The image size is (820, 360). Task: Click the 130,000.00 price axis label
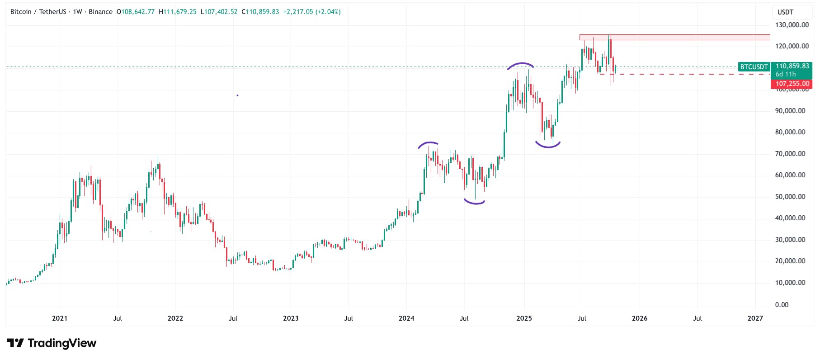792,25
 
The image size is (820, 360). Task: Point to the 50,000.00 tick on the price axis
790,197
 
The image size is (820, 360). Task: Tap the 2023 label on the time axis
291,318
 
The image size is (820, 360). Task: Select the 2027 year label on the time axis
755,318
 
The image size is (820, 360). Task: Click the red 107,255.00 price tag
792,84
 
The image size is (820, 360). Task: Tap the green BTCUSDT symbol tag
754,67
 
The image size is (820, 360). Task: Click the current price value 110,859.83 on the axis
792,66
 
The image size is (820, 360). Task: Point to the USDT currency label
785,12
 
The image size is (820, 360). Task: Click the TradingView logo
52,343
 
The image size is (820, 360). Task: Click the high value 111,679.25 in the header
180,12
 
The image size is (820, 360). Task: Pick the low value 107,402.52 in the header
221,12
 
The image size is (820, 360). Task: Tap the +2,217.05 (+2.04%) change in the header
312,12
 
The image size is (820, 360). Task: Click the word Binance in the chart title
100,12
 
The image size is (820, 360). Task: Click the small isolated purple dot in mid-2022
237,95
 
